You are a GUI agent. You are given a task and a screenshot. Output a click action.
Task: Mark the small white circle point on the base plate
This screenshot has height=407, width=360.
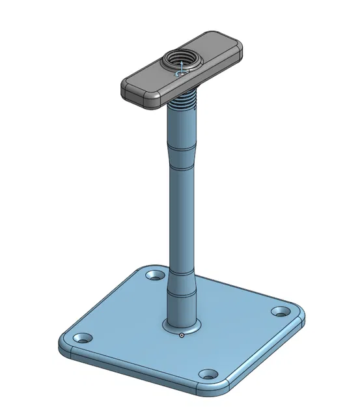182,335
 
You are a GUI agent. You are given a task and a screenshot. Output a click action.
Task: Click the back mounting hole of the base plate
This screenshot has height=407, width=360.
154,275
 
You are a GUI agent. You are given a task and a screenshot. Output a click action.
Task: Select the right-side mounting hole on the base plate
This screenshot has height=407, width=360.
281,312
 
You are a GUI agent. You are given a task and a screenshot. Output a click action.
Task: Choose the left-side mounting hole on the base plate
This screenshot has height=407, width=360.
83,339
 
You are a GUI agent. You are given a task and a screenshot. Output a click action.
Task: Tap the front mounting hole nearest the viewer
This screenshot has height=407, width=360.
208,374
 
